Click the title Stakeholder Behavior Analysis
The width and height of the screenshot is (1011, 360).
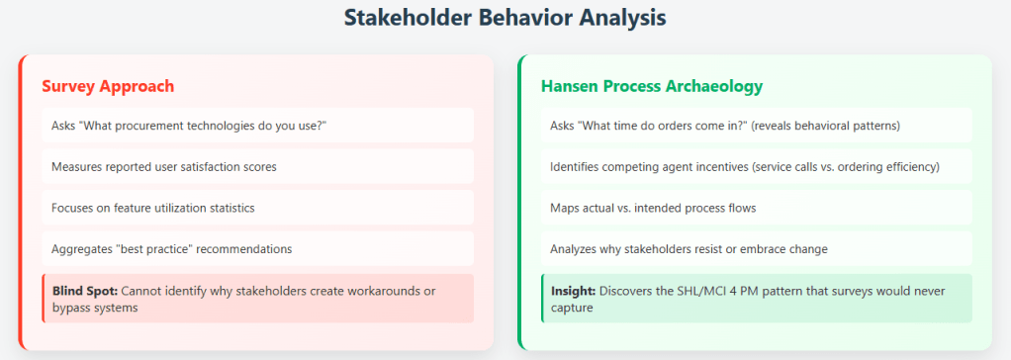click(505, 18)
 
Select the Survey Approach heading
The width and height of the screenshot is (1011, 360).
click(108, 86)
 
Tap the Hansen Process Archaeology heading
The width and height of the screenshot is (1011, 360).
click(652, 86)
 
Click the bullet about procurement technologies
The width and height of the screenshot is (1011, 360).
click(190, 126)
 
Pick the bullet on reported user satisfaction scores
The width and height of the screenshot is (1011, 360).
click(164, 166)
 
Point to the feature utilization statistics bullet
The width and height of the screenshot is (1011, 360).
click(153, 208)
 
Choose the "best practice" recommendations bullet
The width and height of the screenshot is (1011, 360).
click(172, 249)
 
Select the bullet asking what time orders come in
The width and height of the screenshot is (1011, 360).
click(725, 126)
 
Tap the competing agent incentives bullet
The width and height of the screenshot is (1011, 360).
click(745, 166)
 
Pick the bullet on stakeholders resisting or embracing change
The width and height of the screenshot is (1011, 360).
click(689, 249)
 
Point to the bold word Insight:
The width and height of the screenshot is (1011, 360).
click(573, 291)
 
